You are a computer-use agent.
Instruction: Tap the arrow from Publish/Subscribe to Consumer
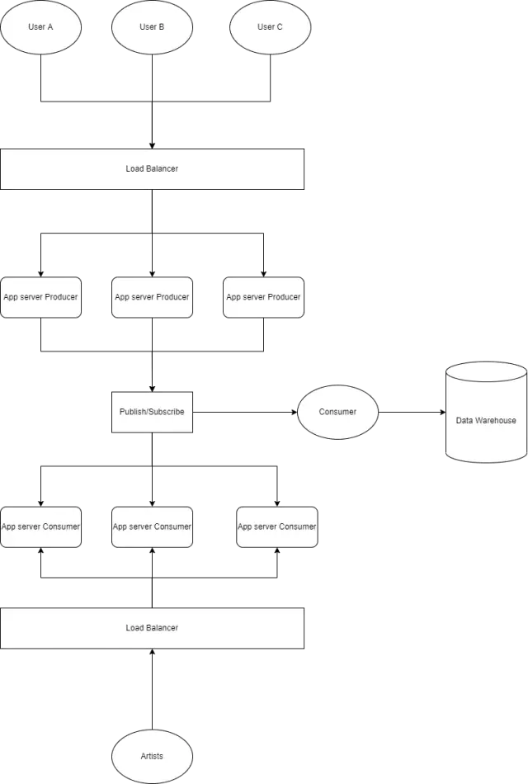[245, 412]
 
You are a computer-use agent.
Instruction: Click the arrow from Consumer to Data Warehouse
[412, 412]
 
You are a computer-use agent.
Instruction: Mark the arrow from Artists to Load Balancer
[152, 689]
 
